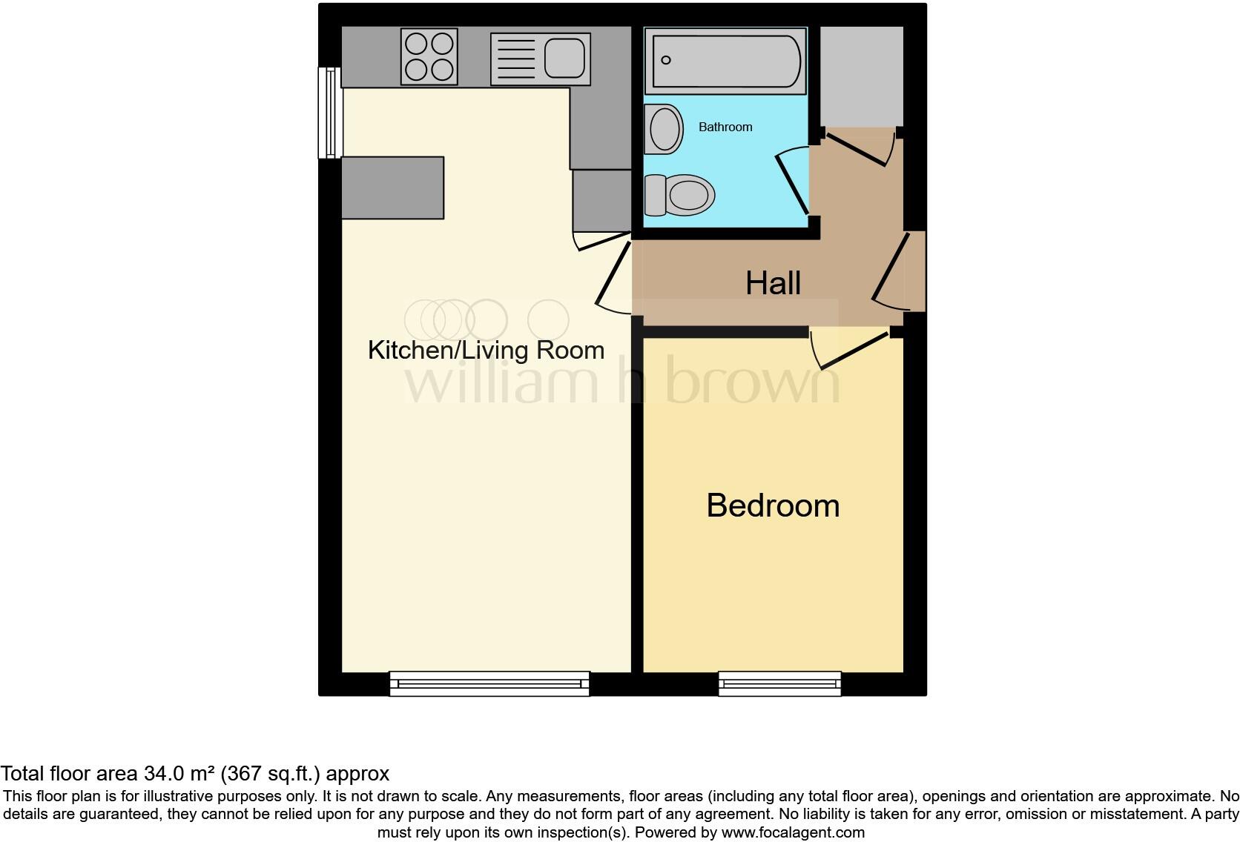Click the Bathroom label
725,127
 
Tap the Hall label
773,283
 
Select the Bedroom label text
773,505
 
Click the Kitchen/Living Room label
486,350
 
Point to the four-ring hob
429,57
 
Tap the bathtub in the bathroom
725,61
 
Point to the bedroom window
780,683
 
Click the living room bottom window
489,683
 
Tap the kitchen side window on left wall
330,113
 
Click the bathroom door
791,182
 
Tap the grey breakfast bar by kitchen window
392,188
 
